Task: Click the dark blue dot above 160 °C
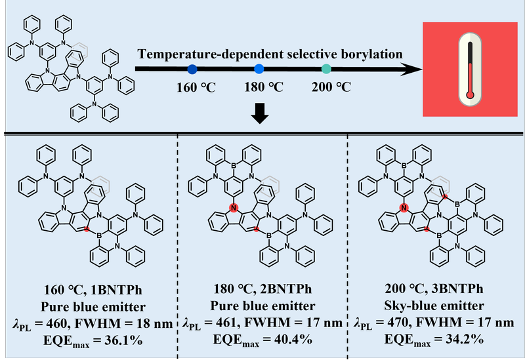pyautogui.click(x=192, y=70)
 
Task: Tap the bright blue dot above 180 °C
pyautogui.click(x=259, y=69)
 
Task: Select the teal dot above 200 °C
pyautogui.click(x=326, y=69)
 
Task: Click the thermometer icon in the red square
pyautogui.click(x=470, y=70)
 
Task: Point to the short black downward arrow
pyautogui.click(x=260, y=113)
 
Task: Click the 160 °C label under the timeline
pyautogui.click(x=196, y=88)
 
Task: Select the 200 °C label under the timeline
pyautogui.click(x=331, y=87)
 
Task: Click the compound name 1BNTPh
pyautogui.click(x=116, y=290)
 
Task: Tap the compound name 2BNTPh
pyautogui.click(x=286, y=289)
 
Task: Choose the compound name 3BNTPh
pyautogui.click(x=457, y=289)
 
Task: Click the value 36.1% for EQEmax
pyautogui.click(x=123, y=340)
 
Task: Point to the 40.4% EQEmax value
pyautogui.click(x=293, y=339)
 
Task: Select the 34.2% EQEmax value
pyautogui.click(x=465, y=339)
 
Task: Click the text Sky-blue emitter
pyautogui.click(x=434, y=306)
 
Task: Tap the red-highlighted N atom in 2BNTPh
pyautogui.click(x=234, y=208)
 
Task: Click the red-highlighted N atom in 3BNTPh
pyautogui.click(x=404, y=208)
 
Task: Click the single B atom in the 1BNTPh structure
pyautogui.click(x=99, y=236)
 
